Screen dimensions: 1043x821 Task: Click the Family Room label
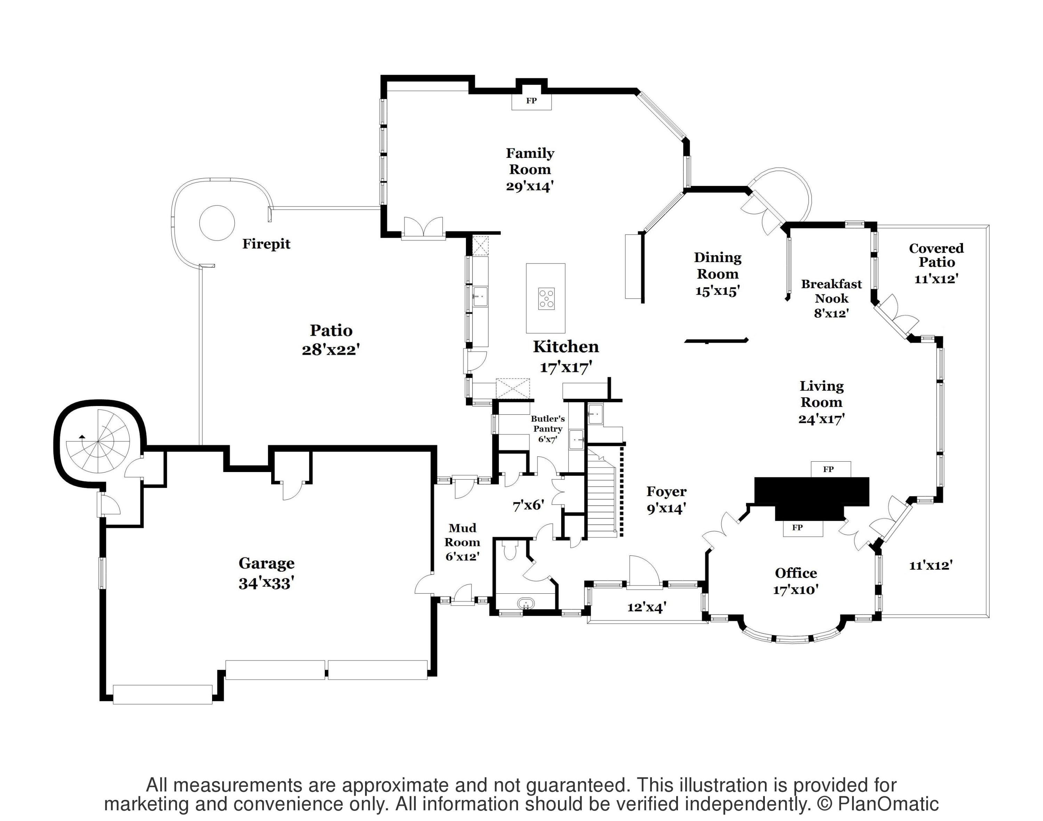530,162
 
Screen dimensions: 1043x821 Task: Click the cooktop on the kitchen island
546,299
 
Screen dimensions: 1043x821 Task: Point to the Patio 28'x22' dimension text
331,349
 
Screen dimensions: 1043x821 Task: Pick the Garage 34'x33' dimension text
266,583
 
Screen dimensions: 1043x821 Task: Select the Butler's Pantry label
548,423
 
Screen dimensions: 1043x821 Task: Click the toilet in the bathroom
509,550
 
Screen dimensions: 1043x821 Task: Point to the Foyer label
666,491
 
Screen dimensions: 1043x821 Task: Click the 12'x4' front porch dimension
646,608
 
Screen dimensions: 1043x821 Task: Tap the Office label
796,573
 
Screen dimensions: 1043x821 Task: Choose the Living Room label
821,394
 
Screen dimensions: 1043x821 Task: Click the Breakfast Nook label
831,291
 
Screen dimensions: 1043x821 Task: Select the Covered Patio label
936,255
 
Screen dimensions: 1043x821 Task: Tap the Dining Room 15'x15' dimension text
717,291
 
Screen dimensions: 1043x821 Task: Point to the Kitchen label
566,347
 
